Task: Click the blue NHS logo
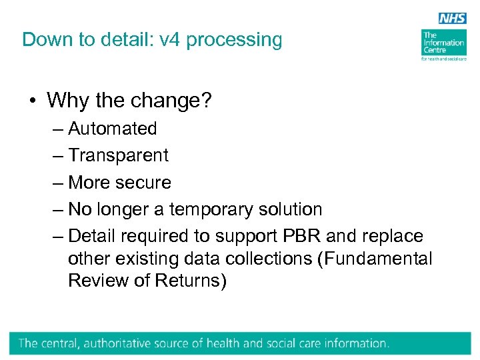[x=453, y=18]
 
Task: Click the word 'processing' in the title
[x=234, y=40]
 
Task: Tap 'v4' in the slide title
[x=169, y=39]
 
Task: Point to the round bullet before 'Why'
[x=31, y=101]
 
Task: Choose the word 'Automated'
[x=113, y=128]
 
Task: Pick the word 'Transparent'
[x=119, y=155]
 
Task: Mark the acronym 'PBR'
[x=323, y=236]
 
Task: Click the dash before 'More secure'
[x=59, y=183]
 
